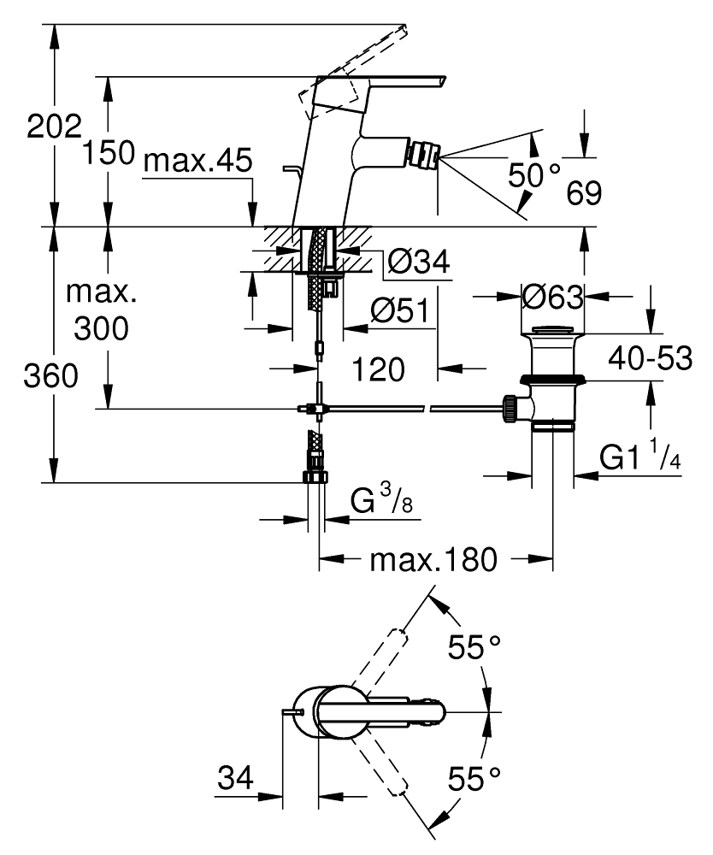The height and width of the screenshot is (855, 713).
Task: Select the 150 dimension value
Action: pos(109,153)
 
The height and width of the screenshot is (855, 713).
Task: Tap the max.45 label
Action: pos(197,160)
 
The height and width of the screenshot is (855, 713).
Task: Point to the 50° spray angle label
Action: pos(534,175)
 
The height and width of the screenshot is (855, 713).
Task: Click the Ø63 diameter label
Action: pos(551,298)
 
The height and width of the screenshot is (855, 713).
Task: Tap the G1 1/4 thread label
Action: pos(639,458)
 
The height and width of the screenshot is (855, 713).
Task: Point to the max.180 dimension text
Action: pos(433,561)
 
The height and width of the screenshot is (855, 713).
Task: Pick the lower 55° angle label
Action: pos(475,780)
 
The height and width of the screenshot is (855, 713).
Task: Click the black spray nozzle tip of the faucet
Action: pos(425,158)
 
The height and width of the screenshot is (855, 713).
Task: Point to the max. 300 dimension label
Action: pos(103,310)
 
